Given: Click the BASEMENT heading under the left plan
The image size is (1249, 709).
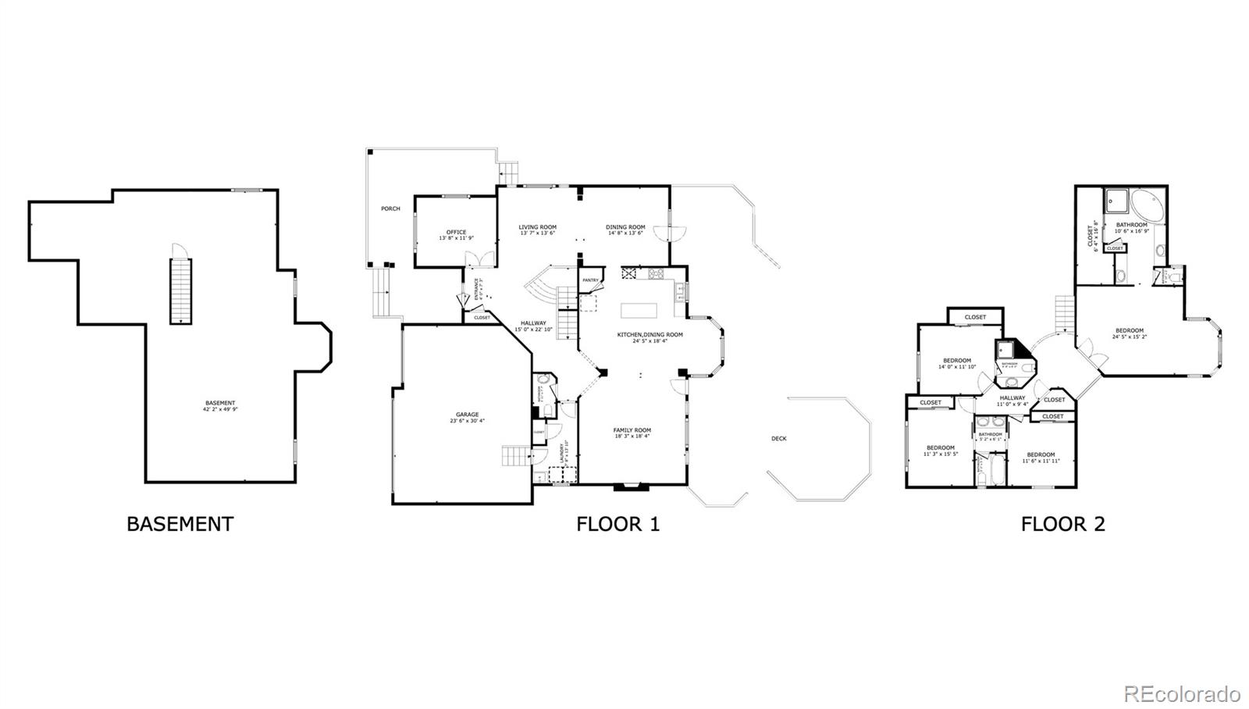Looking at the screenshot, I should click(x=180, y=524).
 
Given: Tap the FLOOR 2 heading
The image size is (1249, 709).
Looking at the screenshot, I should click(x=1062, y=524).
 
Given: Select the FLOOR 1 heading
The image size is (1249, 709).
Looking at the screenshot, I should click(x=617, y=524).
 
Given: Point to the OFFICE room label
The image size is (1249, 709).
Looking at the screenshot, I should click(x=456, y=232).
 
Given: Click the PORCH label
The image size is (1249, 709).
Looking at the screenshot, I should click(x=390, y=208).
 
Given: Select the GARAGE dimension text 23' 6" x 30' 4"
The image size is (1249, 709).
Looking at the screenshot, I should click(x=467, y=421).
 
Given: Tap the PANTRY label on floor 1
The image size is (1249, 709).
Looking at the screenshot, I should click(x=590, y=280).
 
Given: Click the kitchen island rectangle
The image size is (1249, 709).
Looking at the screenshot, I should click(x=639, y=310).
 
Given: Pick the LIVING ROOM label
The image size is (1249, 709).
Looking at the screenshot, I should click(x=537, y=227).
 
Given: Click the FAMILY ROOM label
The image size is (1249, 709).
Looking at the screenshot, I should click(x=632, y=430).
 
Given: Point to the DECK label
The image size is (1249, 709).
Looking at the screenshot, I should click(x=778, y=439).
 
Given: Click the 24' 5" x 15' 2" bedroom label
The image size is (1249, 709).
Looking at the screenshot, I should click(x=1129, y=333).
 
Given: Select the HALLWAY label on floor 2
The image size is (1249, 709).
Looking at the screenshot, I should click(x=1012, y=398).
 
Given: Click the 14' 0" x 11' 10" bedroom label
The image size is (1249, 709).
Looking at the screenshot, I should click(x=956, y=363).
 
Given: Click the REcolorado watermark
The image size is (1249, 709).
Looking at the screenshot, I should click(x=1181, y=693).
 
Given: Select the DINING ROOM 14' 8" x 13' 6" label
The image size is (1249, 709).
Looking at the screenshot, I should click(x=624, y=230).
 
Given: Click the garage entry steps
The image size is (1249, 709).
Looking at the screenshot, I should click(x=515, y=455).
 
